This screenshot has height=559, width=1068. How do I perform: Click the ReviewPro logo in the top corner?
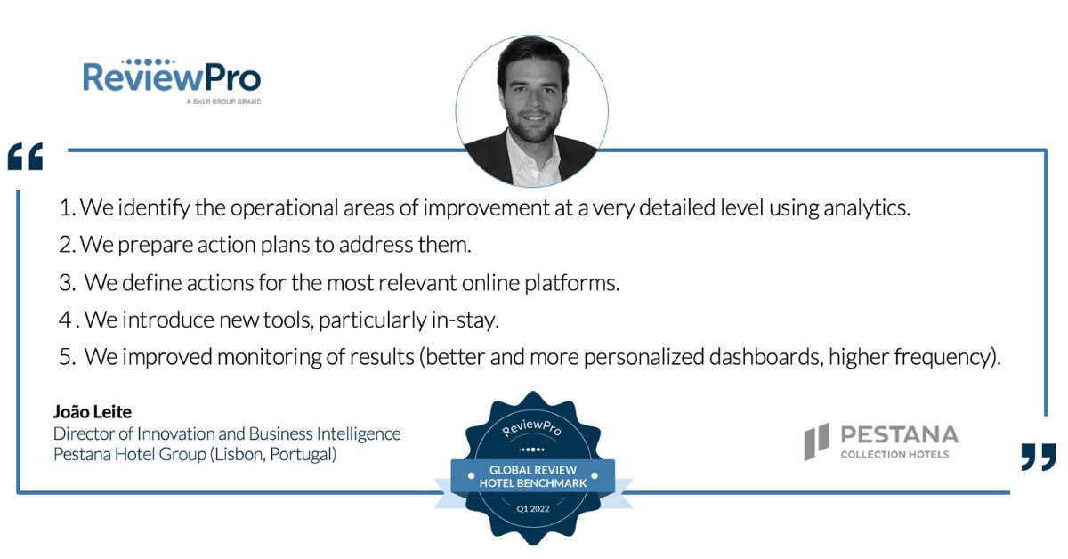click(x=172, y=78)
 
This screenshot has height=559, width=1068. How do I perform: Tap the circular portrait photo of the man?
click(x=532, y=111)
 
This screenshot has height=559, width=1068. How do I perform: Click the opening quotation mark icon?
click(x=25, y=157)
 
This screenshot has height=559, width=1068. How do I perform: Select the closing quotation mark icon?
click(x=1039, y=457)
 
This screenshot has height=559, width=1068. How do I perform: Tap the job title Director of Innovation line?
click(x=227, y=433)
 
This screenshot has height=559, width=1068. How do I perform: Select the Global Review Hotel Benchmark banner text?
click(x=533, y=475)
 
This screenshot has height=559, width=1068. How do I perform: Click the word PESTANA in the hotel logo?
click(x=899, y=434)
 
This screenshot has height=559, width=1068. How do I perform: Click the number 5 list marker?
click(x=66, y=358)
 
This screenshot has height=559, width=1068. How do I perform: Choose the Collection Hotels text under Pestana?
click(x=894, y=455)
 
